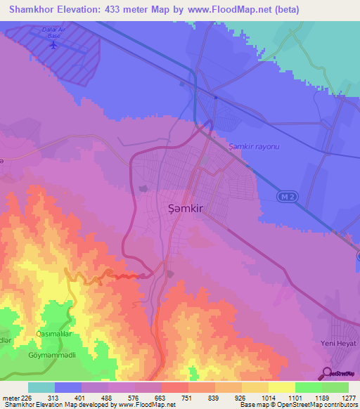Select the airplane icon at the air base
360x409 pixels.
click(54, 44)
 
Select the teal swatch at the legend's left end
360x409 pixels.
click(41, 387)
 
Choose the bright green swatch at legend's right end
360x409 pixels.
click(335, 387)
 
